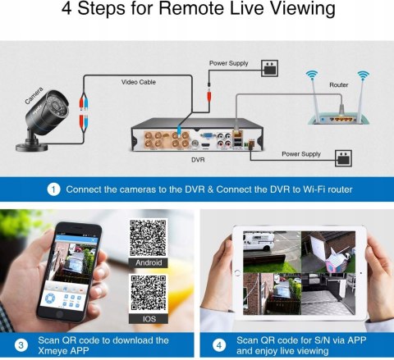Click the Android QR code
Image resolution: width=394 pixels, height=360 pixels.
(x=148, y=238)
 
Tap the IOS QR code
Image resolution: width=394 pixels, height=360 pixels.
(x=149, y=294)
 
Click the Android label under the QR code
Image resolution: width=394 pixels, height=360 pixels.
(x=149, y=262)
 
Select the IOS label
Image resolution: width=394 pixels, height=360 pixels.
(x=149, y=319)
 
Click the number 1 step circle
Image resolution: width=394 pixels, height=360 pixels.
(x=53, y=189)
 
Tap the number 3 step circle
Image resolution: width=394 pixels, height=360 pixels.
(x=21, y=345)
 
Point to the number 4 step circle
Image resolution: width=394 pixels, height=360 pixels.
(x=219, y=345)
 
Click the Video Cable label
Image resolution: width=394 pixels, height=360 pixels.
(x=139, y=82)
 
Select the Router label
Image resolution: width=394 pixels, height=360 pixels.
(x=339, y=85)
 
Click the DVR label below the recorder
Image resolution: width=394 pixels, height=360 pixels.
(x=198, y=160)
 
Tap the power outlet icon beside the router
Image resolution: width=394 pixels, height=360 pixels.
(x=269, y=68)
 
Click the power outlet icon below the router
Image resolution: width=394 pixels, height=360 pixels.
(x=343, y=158)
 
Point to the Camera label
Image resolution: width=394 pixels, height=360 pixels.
(x=34, y=95)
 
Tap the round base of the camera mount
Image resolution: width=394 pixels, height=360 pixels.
(x=32, y=147)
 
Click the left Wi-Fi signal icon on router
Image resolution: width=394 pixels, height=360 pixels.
(x=312, y=75)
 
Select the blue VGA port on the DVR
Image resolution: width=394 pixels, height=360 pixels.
(x=206, y=135)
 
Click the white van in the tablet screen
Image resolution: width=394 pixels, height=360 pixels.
(x=259, y=241)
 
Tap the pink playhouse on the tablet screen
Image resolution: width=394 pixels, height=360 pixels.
(x=336, y=260)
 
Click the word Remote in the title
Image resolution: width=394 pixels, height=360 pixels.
(x=192, y=8)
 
